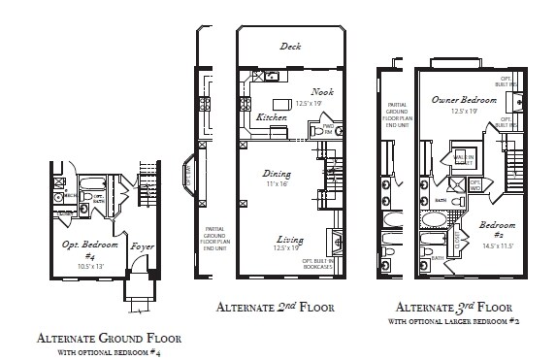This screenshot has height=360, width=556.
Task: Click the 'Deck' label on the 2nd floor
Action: pyautogui.click(x=290, y=46)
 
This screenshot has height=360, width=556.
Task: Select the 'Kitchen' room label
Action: pyautogui.click(x=272, y=117)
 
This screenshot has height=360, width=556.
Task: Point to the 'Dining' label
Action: pyautogui.click(x=277, y=175)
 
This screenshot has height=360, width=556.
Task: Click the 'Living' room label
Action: pyautogui.click(x=288, y=239)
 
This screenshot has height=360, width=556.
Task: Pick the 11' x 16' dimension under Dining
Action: pyautogui.click(x=278, y=184)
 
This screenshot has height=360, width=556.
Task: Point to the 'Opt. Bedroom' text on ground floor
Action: pyautogui.click(x=84, y=245)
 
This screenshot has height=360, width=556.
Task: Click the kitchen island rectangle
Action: pyautogui.click(x=282, y=104)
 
